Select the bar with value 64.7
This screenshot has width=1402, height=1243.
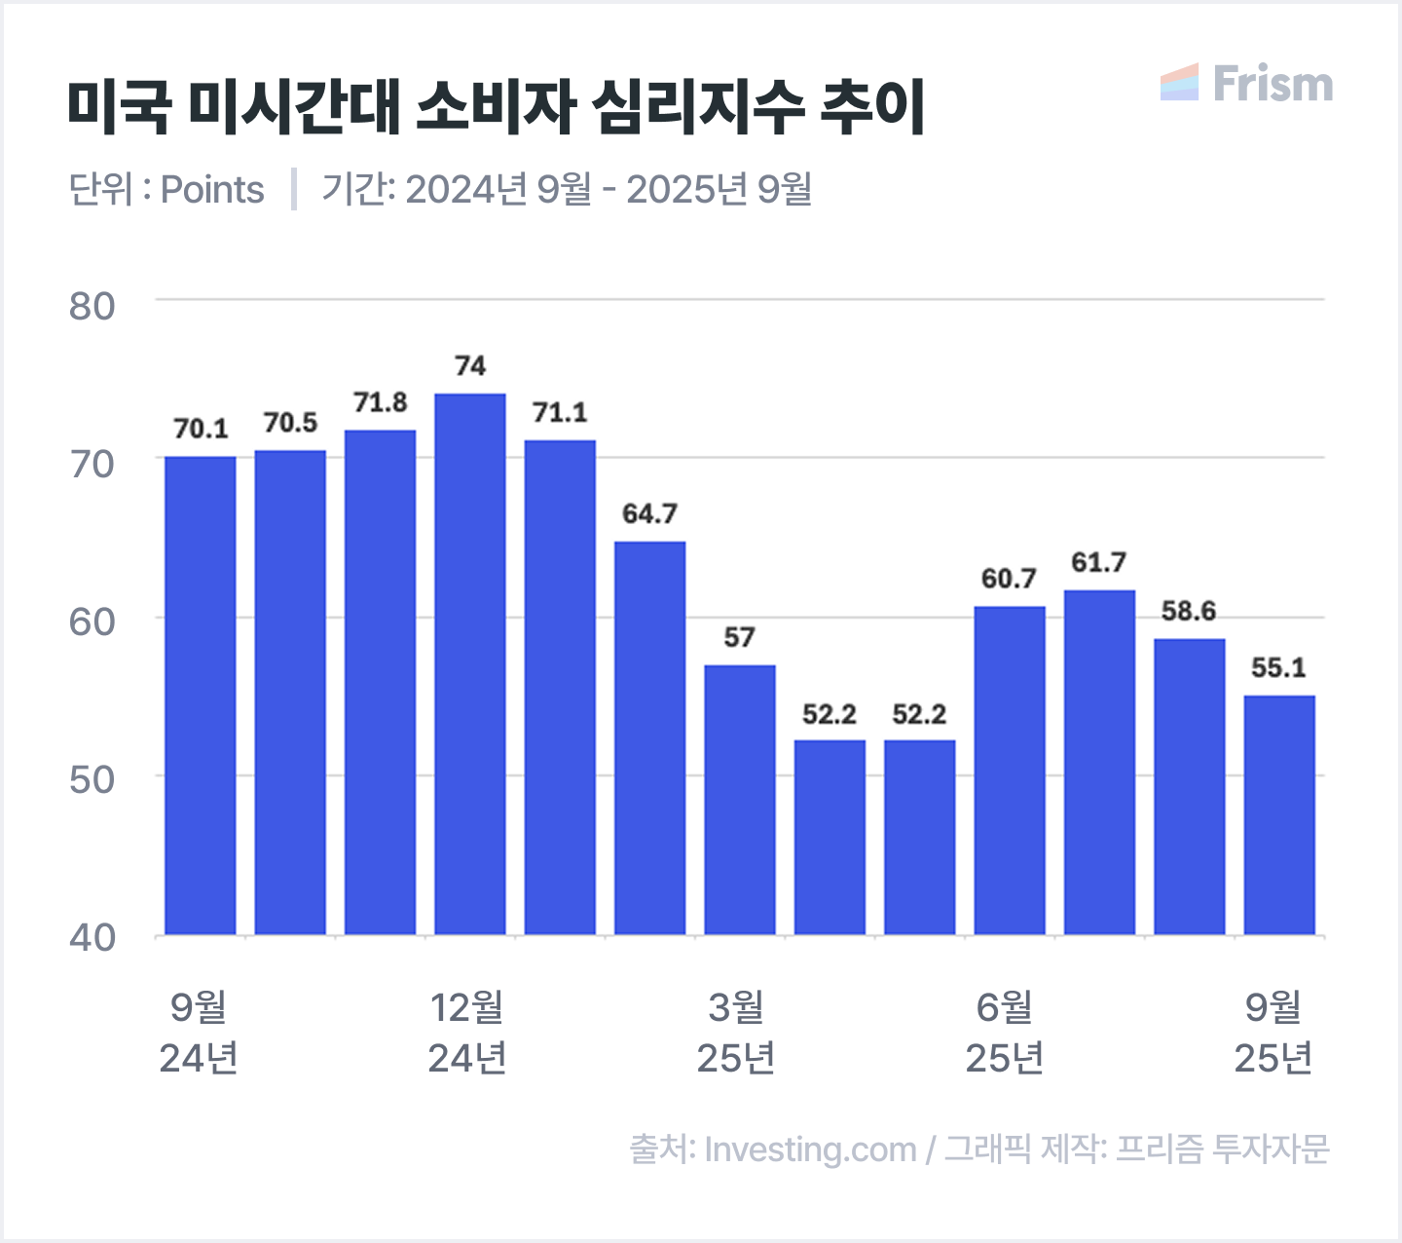coord(649,738)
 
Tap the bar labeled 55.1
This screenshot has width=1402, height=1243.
coord(1279,815)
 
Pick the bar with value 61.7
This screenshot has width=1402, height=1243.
coord(1099,763)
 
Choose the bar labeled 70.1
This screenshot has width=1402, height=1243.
coord(201,696)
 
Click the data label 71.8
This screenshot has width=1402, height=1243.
coord(380,402)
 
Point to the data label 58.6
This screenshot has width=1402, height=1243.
coord(1189,611)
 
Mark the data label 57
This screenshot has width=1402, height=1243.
coord(739,637)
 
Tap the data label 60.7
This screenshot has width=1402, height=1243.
coord(1009,579)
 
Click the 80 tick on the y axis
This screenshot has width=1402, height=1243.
coord(92,306)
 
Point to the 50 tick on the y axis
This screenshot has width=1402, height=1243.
coord(92,779)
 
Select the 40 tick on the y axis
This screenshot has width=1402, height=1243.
coord(92,937)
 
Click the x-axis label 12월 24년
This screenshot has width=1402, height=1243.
coord(467,1033)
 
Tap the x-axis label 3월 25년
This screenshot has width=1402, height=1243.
coord(736,1033)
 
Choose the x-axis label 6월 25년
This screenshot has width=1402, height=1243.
coord(1005,1033)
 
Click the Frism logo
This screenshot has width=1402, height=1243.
coord(1247,84)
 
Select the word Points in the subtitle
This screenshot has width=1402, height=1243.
coord(212,189)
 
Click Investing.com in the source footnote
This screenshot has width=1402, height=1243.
coord(810,1149)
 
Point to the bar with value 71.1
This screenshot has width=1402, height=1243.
coord(560,688)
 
